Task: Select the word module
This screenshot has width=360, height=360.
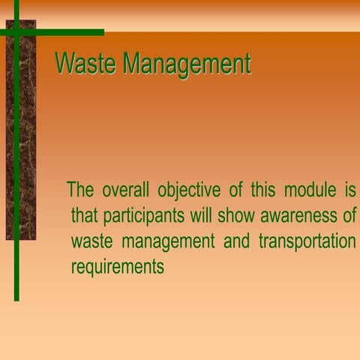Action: pos(308,190)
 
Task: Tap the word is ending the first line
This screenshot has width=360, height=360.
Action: pos(349,190)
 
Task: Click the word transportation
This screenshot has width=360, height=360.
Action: pos(307,243)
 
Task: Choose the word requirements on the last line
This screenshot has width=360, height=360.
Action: pos(117,268)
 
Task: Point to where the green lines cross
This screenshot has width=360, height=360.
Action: pos(16,32)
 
